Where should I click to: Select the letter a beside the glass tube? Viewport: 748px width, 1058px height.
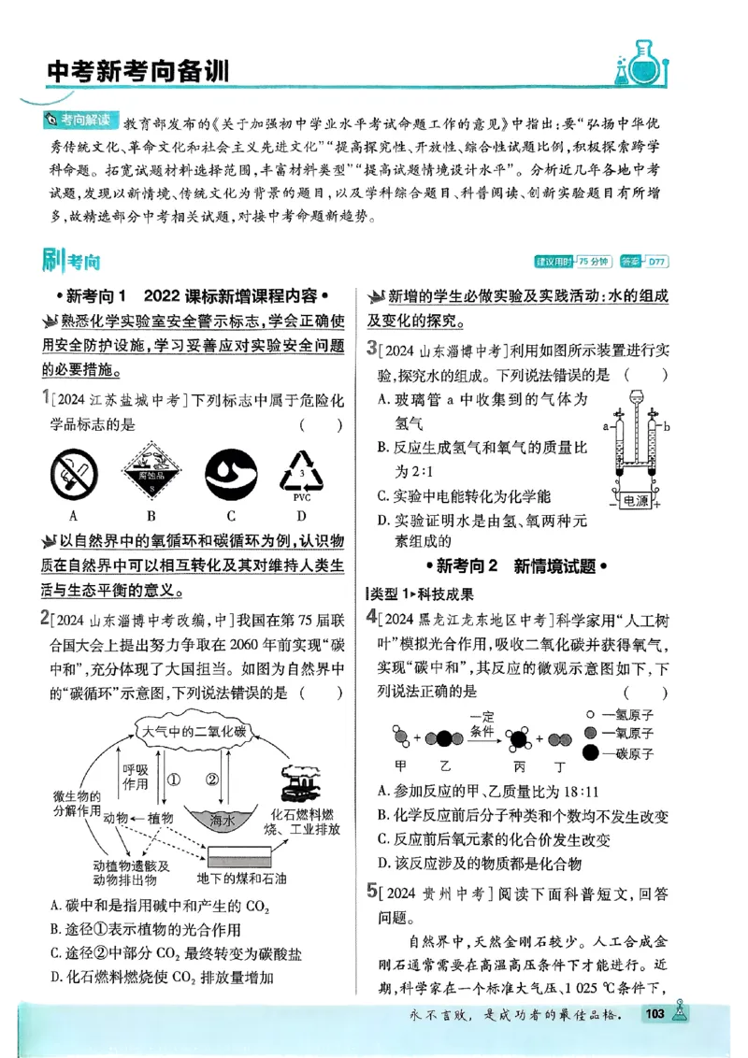pos(606,425)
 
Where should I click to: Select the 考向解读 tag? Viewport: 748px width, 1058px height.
pos(82,120)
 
